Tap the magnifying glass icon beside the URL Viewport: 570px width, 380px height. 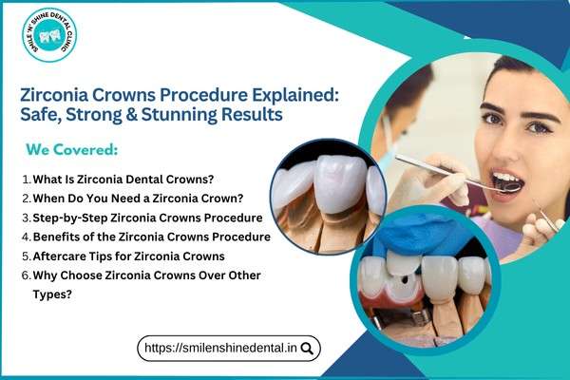pyautogui.click(x=307, y=349)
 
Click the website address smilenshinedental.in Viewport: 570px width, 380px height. pyautogui.click(x=220, y=349)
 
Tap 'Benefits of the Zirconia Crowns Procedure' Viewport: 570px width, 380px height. pyautogui.click(x=151, y=236)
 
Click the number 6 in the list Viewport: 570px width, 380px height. pyautogui.click(x=25, y=275)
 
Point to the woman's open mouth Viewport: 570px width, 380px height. pyautogui.click(x=507, y=180)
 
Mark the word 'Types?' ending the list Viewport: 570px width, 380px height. pyautogui.click(x=55, y=294)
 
